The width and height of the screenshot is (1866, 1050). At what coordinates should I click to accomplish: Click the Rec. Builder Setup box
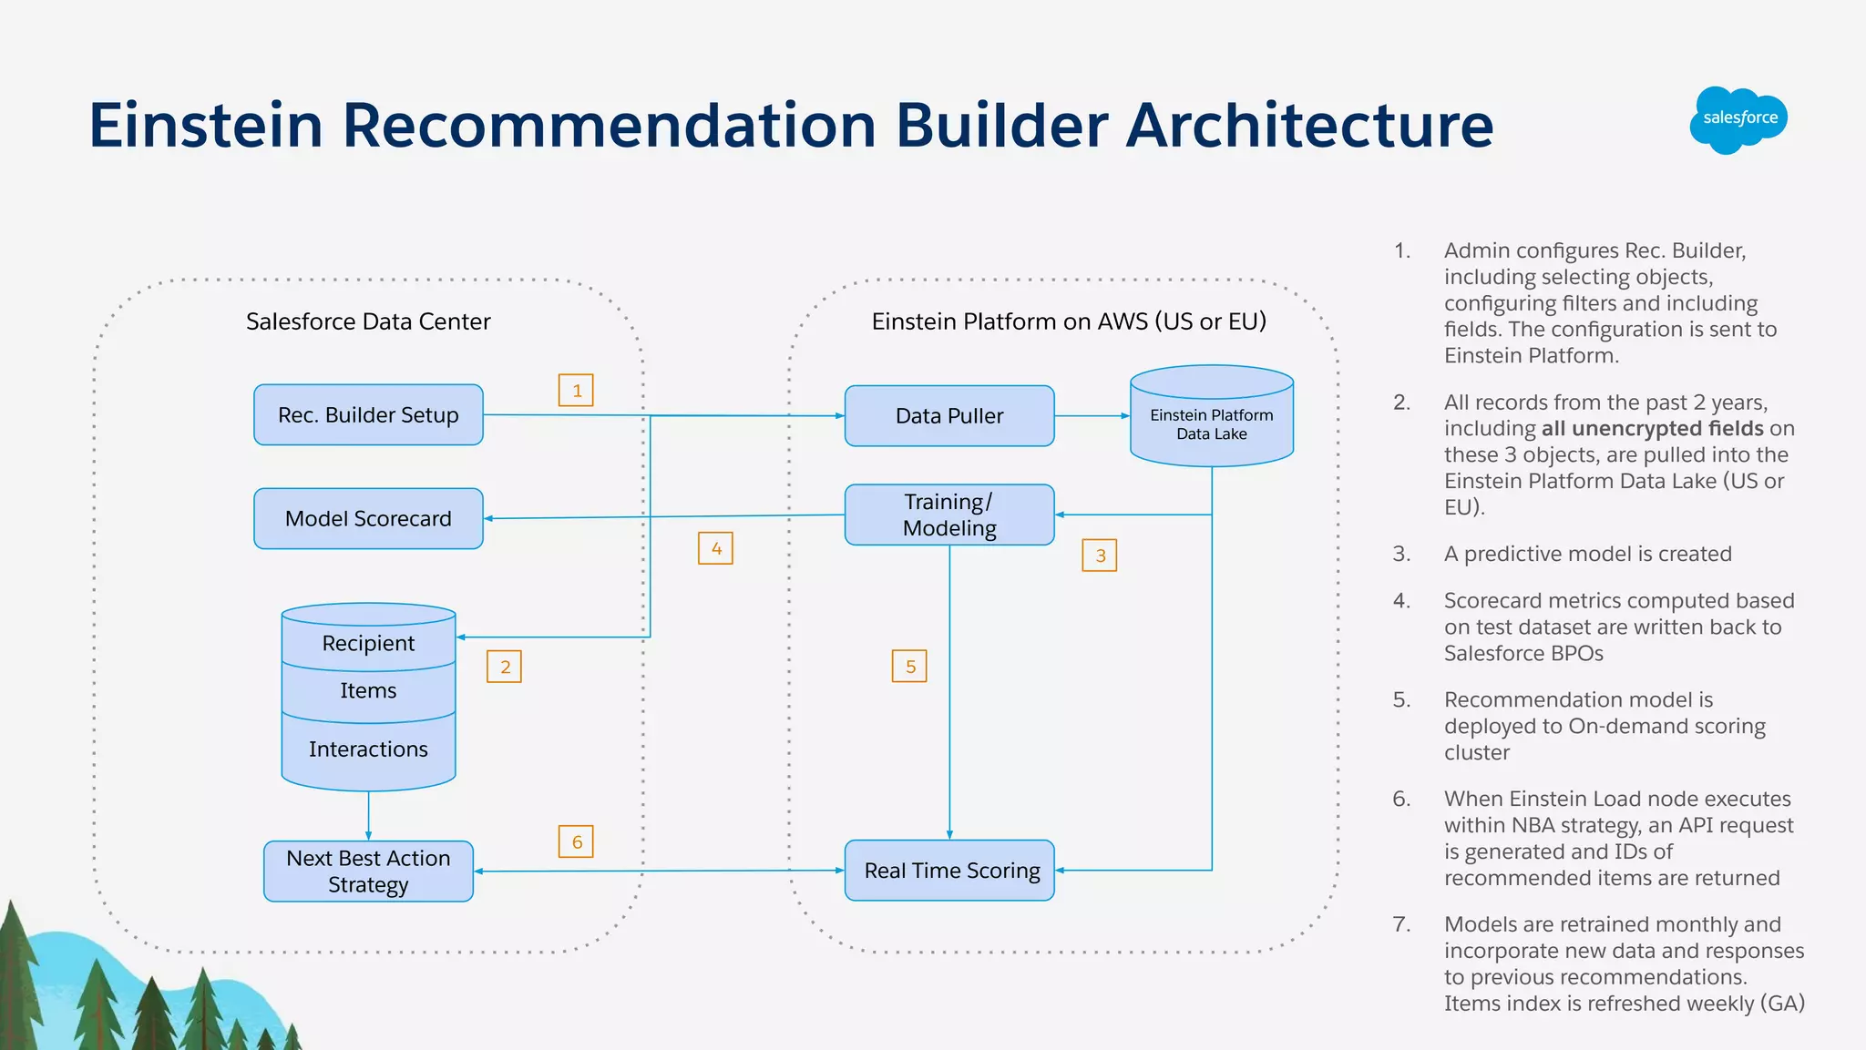(x=368, y=415)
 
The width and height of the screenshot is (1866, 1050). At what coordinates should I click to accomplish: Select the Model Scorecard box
(x=368, y=519)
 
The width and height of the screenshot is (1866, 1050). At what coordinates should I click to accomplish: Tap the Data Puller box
(x=949, y=416)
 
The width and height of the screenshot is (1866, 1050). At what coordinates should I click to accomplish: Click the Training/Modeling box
(x=949, y=515)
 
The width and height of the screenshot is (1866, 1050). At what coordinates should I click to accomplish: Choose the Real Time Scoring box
(x=949, y=871)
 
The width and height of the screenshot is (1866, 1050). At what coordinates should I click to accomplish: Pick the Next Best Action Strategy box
(x=368, y=872)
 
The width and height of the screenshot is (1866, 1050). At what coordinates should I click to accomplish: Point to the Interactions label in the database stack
(x=368, y=749)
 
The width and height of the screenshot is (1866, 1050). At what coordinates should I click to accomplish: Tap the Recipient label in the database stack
(x=368, y=643)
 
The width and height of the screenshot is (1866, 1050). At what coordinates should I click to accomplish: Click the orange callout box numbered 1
(x=576, y=391)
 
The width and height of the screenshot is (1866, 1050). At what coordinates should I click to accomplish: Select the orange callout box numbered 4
(x=716, y=548)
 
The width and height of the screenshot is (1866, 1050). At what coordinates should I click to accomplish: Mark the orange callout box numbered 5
(x=909, y=667)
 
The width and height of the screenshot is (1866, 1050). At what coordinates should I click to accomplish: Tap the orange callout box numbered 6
(x=576, y=841)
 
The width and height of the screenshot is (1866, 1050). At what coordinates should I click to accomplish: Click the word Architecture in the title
(x=1310, y=125)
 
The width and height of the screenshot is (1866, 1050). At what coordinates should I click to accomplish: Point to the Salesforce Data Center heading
(x=368, y=321)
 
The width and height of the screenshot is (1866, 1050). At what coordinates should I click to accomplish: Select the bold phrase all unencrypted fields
(x=1652, y=429)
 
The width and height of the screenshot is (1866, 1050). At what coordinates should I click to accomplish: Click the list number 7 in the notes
(x=1401, y=924)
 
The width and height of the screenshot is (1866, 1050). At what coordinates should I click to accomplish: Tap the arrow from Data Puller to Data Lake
(x=1092, y=416)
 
